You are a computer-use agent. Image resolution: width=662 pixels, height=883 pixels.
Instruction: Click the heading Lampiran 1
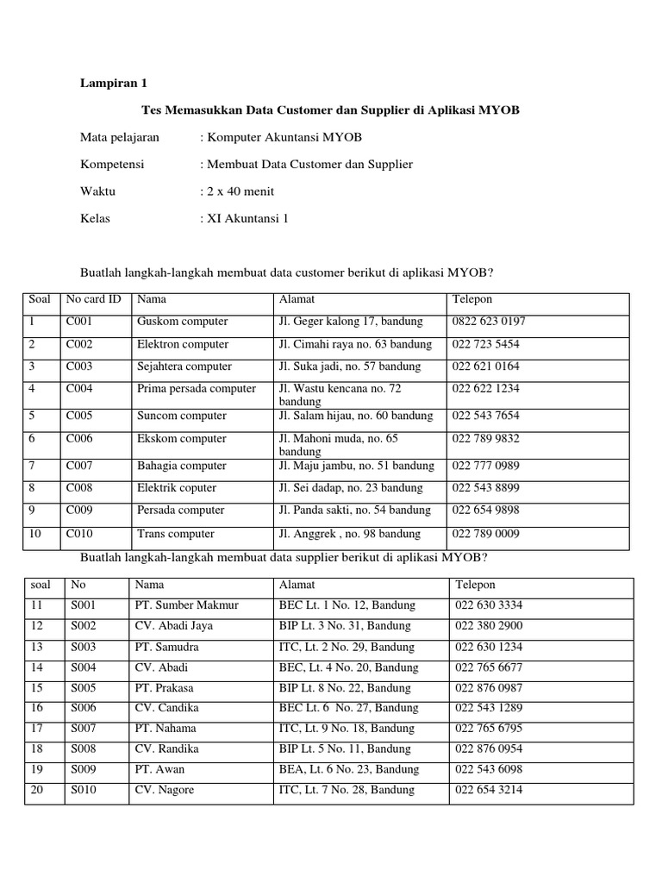[x=114, y=84]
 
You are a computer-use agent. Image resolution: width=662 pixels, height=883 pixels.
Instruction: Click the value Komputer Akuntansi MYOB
[x=284, y=137]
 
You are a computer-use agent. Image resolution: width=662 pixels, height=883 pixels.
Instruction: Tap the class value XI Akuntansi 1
[x=247, y=218]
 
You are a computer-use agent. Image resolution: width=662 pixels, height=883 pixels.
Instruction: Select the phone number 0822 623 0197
[x=489, y=322]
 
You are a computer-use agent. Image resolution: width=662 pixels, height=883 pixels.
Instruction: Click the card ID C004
[x=79, y=389]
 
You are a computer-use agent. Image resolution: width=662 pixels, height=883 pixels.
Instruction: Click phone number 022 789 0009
[x=485, y=534]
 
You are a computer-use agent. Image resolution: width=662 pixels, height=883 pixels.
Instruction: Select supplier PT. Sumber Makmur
[x=186, y=605]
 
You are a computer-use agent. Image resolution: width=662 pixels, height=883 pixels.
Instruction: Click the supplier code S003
[x=84, y=647]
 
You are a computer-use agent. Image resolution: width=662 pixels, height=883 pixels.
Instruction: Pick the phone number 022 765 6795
[x=488, y=729]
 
